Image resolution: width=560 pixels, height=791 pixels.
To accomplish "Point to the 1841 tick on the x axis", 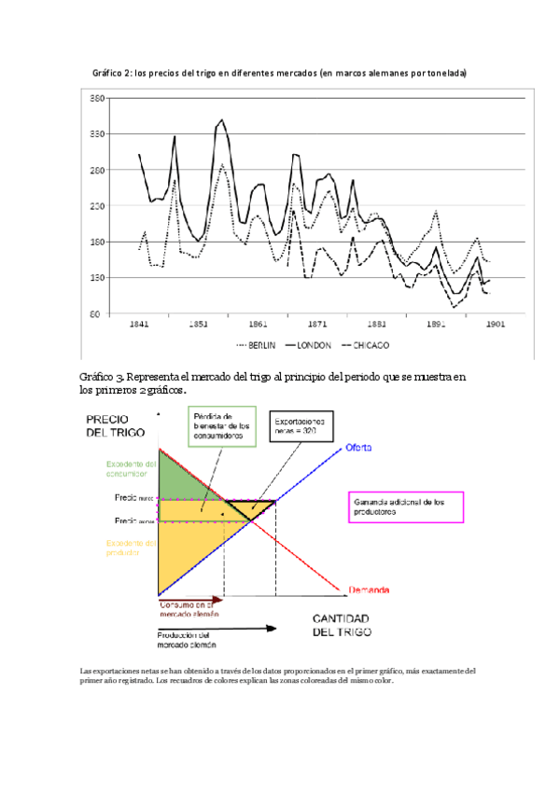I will [x=139, y=325].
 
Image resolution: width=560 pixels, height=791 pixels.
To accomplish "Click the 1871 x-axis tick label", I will [x=318, y=325].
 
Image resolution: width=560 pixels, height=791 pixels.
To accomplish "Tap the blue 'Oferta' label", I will [x=362, y=448].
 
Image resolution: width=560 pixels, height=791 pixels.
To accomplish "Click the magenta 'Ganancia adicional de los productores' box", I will [x=405, y=507].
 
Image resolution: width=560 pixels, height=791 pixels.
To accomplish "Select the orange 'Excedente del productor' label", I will [x=131, y=548].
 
